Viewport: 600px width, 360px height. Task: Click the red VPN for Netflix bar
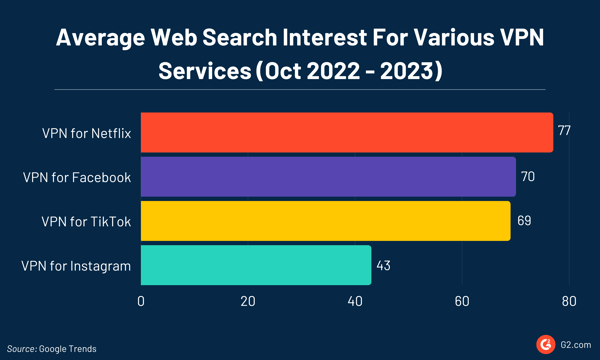point(347,132)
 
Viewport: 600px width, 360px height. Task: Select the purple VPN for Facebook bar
point(328,176)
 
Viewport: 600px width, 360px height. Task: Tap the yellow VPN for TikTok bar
point(325,220)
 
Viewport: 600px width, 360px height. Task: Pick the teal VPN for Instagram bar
point(256,264)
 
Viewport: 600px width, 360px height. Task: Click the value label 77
point(564,132)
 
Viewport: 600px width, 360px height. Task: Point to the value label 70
point(527,177)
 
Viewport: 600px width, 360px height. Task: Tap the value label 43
point(384,265)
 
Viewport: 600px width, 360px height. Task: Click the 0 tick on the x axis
point(142,300)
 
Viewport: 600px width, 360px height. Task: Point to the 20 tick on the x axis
point(248,300)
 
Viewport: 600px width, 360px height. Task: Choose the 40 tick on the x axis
point(355,300)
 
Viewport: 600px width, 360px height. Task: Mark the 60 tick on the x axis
point(462,300)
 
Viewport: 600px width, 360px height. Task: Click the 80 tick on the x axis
point(568,300)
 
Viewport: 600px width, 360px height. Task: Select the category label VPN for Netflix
point(89,132)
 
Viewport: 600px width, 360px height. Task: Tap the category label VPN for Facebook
point(77,177)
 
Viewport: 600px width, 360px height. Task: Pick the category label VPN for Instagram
point(76,265)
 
